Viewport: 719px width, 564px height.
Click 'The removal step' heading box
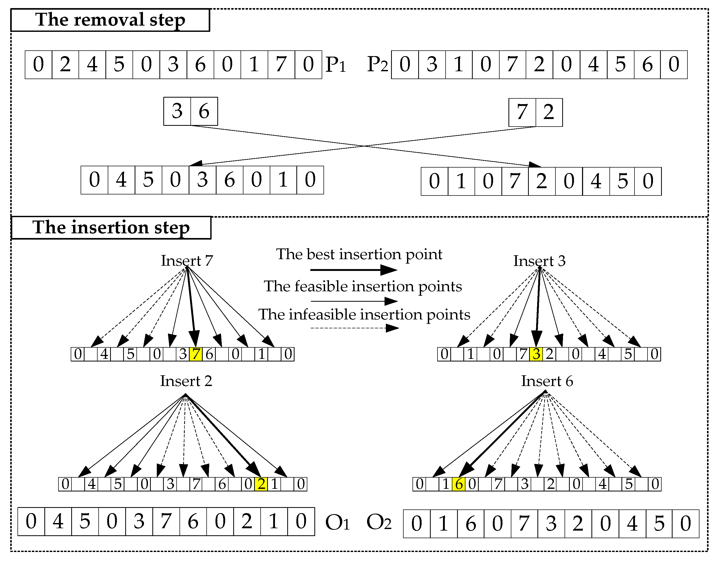110,20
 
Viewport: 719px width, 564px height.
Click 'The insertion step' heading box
111,228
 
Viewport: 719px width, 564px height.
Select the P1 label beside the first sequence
335,65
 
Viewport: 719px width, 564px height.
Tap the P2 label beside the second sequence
377,65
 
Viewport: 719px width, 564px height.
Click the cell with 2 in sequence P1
65,65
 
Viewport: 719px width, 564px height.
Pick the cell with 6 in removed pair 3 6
204,111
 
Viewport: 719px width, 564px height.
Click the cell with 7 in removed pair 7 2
522,112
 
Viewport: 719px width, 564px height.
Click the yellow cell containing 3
536,354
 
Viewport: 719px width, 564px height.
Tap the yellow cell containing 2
261,484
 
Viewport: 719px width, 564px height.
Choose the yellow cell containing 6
459,484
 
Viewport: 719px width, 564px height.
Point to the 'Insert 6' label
547,381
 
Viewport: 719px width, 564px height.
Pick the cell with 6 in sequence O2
471,524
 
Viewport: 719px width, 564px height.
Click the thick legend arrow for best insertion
353,270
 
